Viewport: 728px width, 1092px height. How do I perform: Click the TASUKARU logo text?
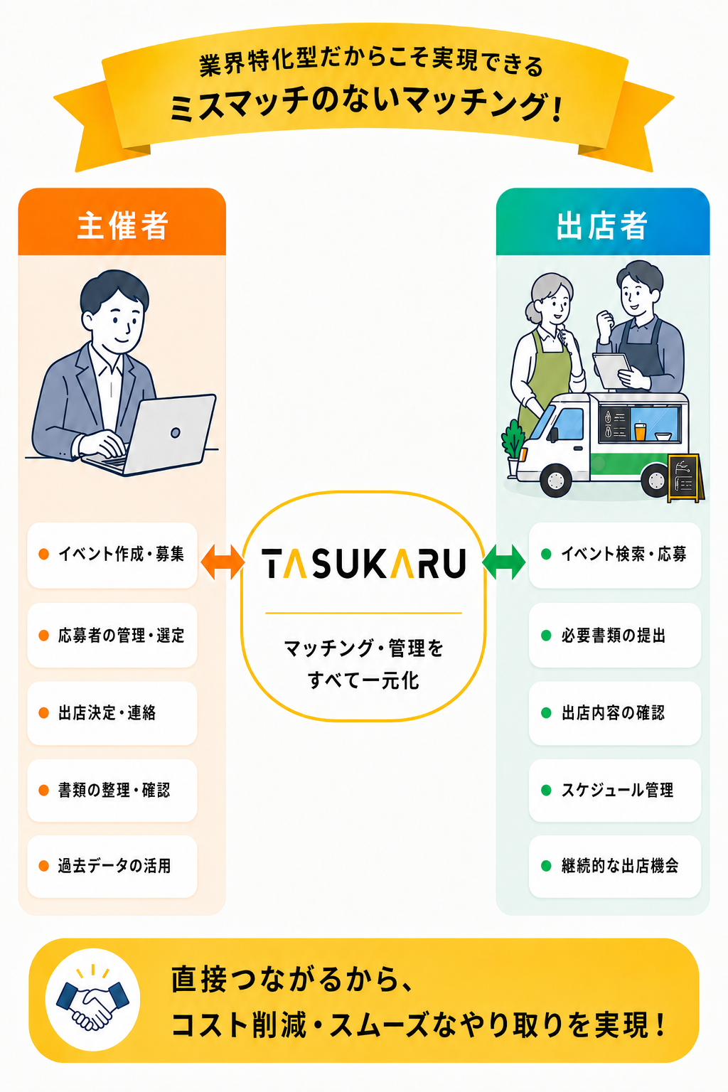pos(364,563)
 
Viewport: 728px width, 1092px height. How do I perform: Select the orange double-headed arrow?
pos(223,562)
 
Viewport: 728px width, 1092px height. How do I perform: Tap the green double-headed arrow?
pos(504,562)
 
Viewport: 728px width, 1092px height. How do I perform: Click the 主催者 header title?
pos(123,225)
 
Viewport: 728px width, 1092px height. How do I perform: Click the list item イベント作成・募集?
pos(112,555)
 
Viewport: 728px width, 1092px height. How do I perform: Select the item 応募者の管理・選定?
pos(112,635)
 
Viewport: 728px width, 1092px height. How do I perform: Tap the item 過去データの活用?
pos(112,867)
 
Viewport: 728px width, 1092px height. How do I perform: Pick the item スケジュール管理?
pos(615,791)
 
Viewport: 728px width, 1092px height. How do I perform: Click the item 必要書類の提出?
pos(615,635)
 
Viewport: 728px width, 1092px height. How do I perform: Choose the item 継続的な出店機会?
pos(615,867)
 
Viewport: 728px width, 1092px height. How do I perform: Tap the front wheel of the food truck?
pos(556,481)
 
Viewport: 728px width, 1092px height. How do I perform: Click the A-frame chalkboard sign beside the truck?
pos(685,478)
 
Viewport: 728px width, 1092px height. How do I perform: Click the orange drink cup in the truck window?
pos(640,431)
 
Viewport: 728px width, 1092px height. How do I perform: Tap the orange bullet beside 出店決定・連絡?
pos(44,713)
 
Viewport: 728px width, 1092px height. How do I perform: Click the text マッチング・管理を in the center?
pos(364,648)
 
